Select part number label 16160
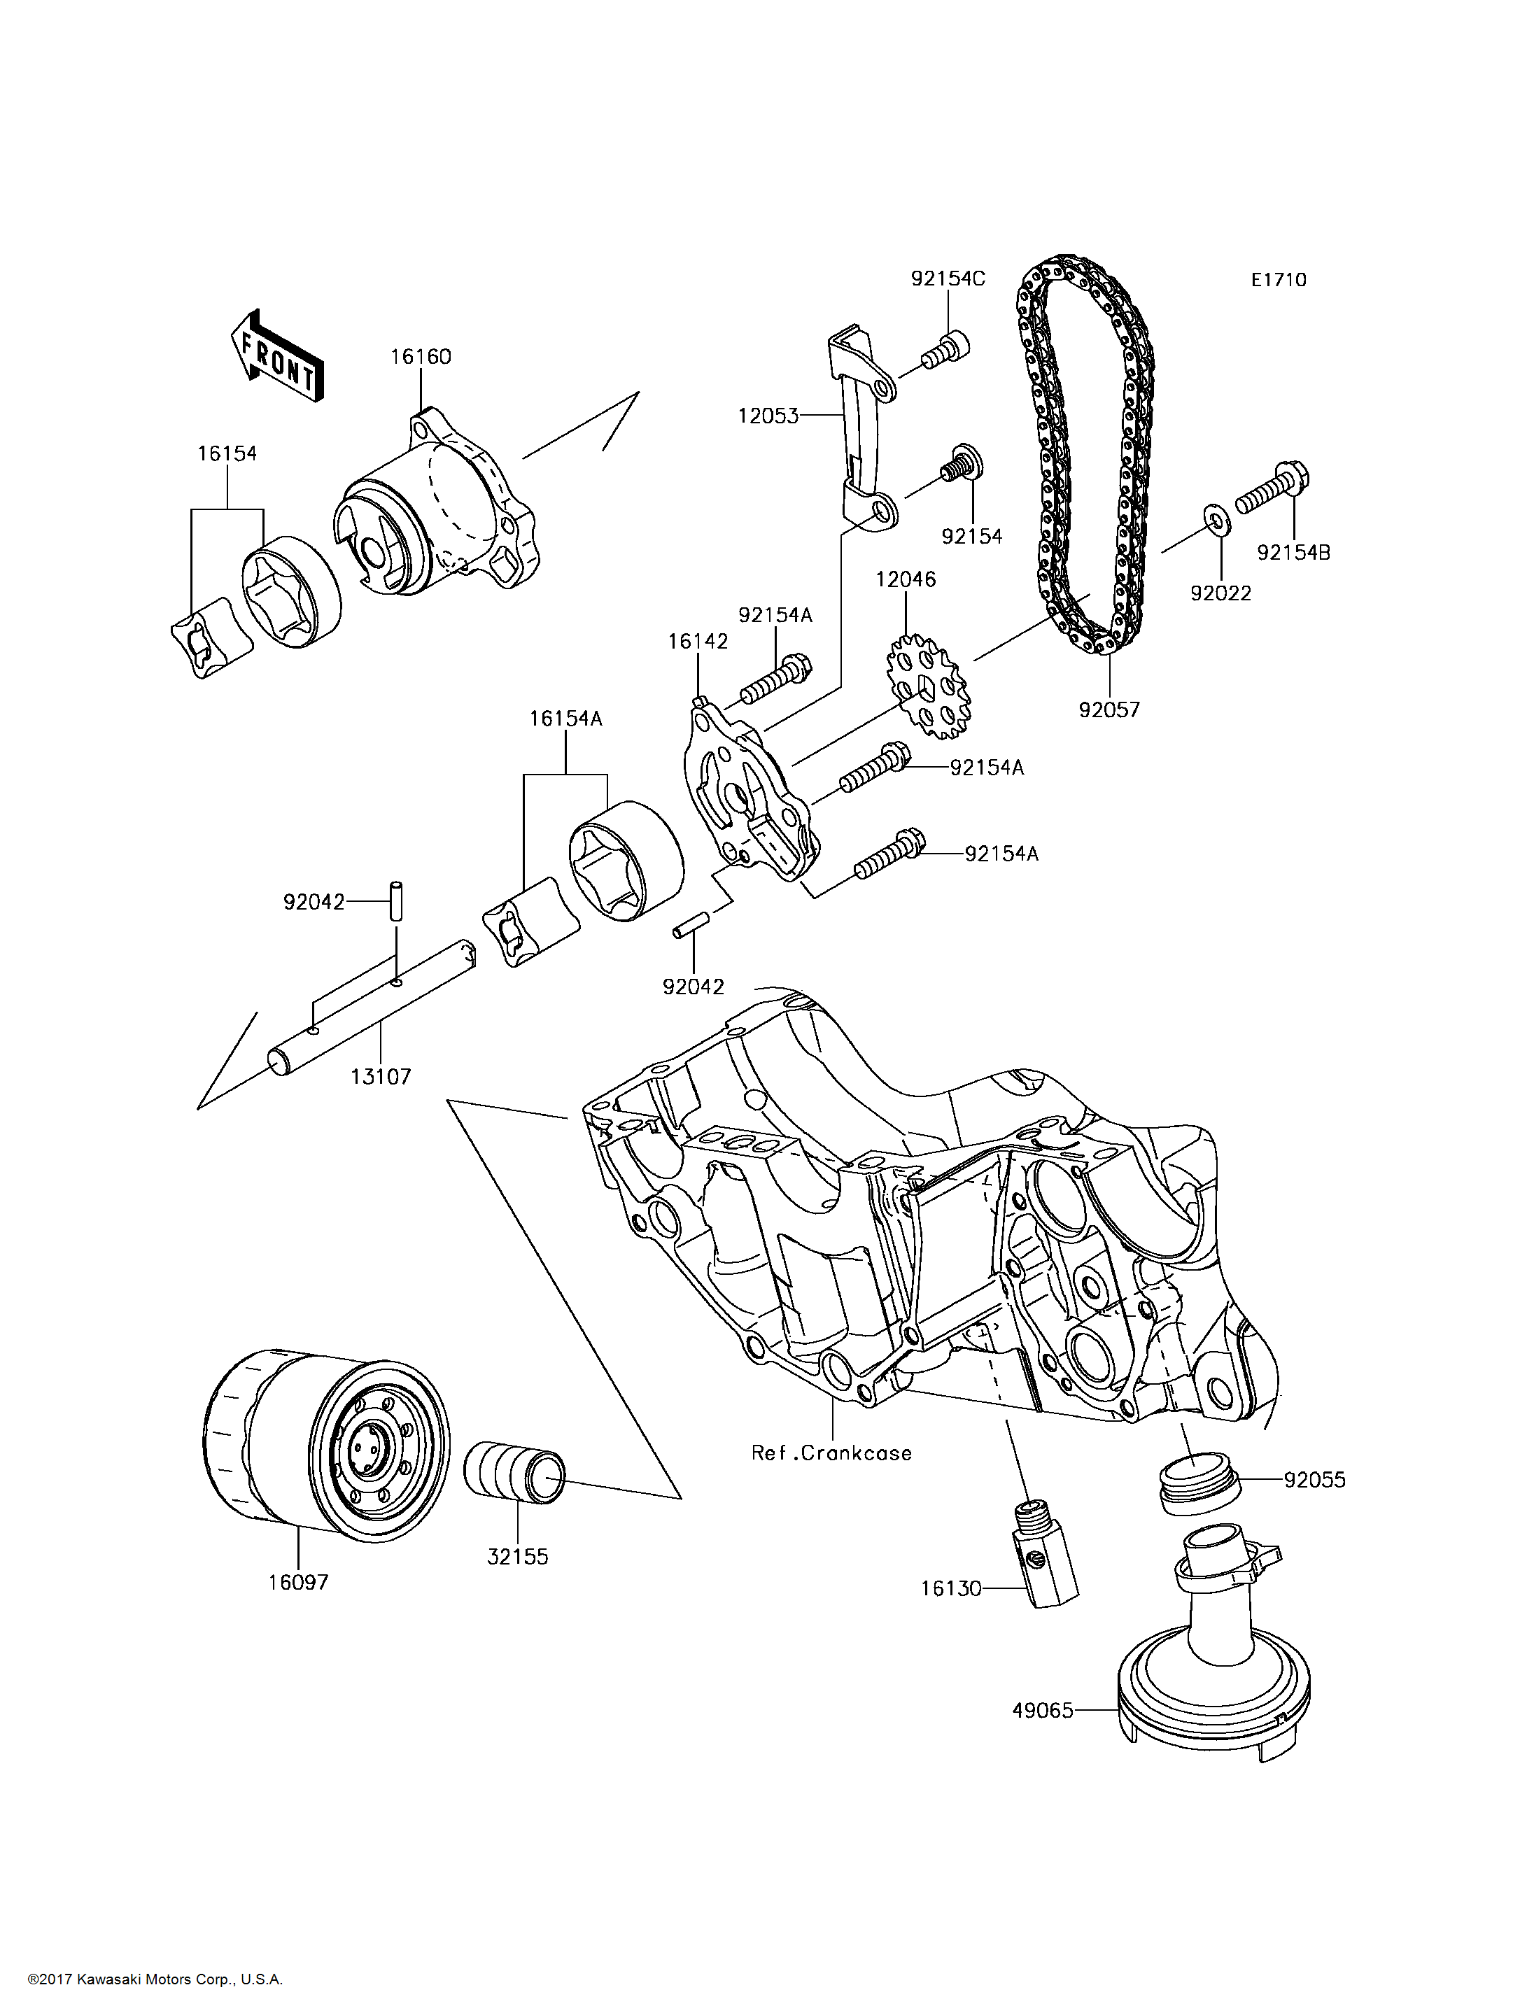pos(421,357)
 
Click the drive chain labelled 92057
pos(1087,456)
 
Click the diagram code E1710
pos(1279,281)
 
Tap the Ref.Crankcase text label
pos(831,1453)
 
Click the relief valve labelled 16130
pos(1046,1552)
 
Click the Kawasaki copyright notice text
pos(155,1979)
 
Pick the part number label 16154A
pos(566,719)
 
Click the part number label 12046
pos(906,579)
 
